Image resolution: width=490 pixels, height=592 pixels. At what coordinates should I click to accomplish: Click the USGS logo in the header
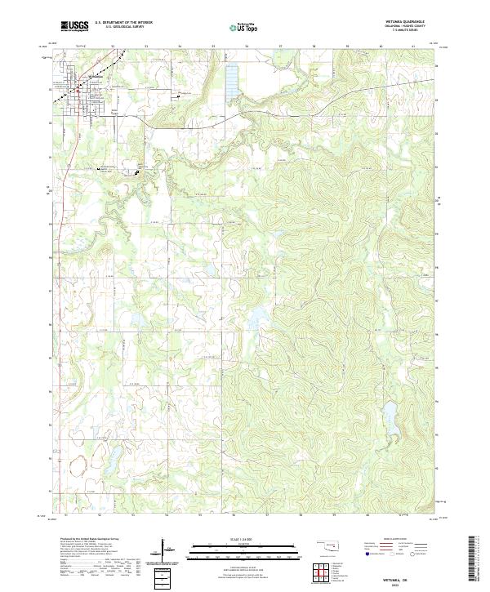75,26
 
